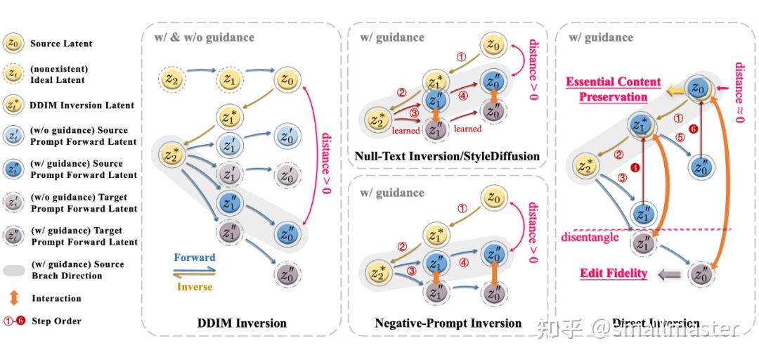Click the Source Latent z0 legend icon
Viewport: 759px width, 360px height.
coord(12,43)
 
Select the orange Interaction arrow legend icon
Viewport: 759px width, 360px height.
coord(12,298)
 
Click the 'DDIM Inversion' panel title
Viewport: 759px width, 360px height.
coord(241,323)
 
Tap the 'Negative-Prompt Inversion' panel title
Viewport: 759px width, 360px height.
coord(448,323)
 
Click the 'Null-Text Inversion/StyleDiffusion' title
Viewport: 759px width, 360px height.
coord(449,156)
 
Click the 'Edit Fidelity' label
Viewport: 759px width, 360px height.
coord(614,273)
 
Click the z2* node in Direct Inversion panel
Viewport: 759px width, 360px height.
coord(585,166)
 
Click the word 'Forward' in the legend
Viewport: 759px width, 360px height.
coord(194,257)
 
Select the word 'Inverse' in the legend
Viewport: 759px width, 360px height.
coord(194,286)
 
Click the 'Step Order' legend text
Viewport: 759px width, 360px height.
coord(56,321)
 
